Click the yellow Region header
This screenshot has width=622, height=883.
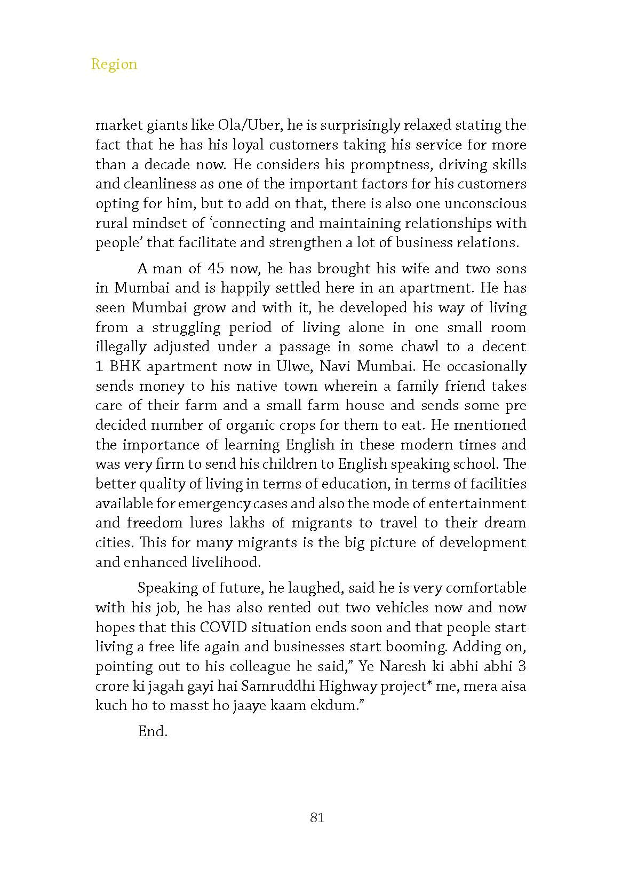pyautogui.click(x=114, y=64)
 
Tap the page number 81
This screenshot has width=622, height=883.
pyautogui.click(x=317, y=817)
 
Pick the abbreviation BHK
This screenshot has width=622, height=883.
pyautogui.click(x=125, y=366)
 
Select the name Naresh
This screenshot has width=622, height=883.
pyautogui.click(x=404, y=666)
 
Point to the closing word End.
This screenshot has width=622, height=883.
pyautogui.click(x=153, y=731)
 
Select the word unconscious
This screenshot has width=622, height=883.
pyautogui.click(x=485, y=203)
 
